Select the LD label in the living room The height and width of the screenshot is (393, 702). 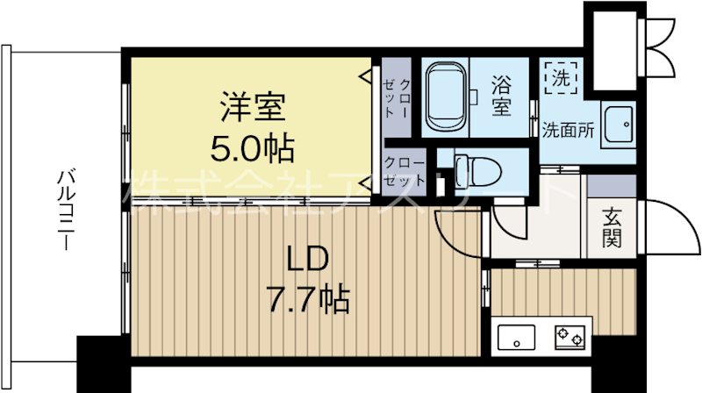click(x=309, y=260)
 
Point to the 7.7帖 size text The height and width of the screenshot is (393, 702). click(x=309, y=300)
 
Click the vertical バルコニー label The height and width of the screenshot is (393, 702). click(x=65, y=211)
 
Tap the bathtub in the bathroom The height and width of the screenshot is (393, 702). click(x=447, y=97)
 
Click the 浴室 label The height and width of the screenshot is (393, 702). click(x=501, y=97)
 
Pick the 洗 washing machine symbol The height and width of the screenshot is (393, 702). click(x=560, y=77)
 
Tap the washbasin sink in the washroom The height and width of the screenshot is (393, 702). click(x=621, y=127)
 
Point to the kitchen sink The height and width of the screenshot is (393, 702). click(x=518, y=336)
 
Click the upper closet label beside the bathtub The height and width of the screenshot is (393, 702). click(x=398, y=97)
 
